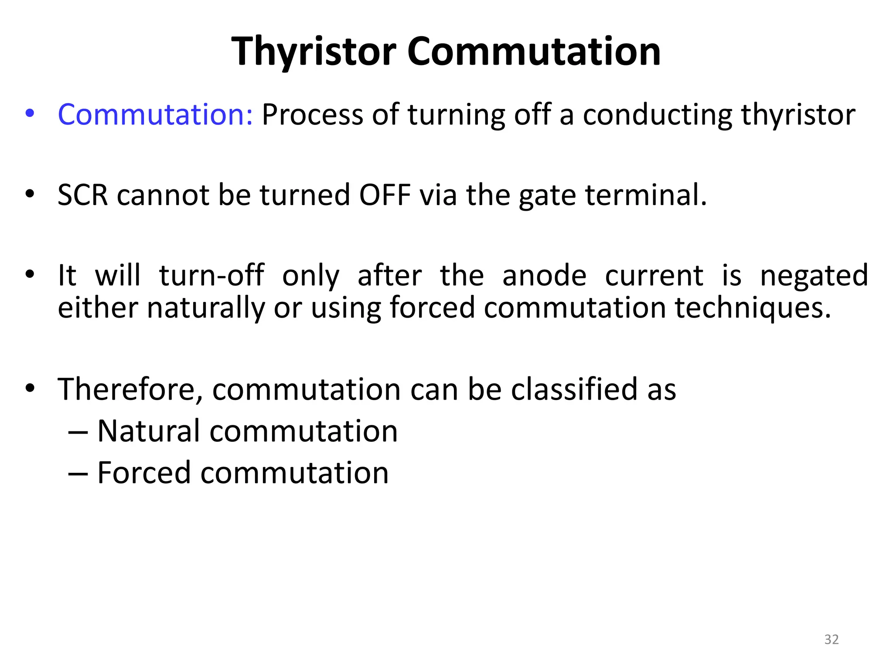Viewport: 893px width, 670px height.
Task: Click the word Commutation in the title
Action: [x=534, y=51]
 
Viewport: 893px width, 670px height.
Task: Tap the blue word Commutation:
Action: [x=155, y=115]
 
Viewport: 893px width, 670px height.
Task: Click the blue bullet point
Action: [x=30, y=113]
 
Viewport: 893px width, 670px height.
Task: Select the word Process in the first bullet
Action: [x=312, y=115]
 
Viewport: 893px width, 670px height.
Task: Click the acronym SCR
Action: [x=82, y=195]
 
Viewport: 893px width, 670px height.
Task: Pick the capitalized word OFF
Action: [x=385, y=195]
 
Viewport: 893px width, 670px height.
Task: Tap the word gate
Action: [x=547, y=196]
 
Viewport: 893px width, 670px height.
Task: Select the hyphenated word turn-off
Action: [x=211, y=276]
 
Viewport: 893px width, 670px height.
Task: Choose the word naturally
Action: [x=205, y=308]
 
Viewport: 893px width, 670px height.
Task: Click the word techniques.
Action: [x=753, y=308]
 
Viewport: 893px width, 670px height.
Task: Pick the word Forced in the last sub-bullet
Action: [x=144, y=473]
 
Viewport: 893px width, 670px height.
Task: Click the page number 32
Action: [x=832, y=639]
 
